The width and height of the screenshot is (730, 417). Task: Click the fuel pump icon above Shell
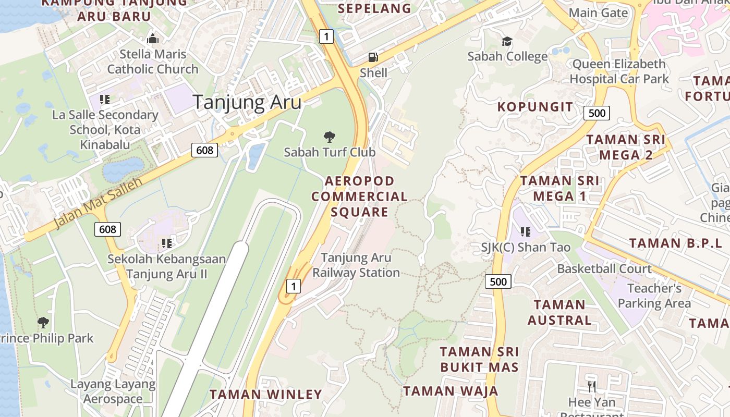[x=373, y=57]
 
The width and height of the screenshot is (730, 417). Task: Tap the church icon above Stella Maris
[x=152, y=39]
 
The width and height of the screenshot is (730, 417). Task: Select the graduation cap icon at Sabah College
[x=507, y=41]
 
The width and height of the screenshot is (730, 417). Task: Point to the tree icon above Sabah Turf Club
[x=329, y=137]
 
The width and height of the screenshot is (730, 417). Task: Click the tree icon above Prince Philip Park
[x=43, y=323]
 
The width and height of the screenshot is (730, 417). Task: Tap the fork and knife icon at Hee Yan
[x=592, y=387]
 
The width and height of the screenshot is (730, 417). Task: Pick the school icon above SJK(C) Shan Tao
[x=525, y=231]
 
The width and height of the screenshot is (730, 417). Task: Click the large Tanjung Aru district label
[x=247, y=102]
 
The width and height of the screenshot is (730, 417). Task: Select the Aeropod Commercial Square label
[x=359, y=197]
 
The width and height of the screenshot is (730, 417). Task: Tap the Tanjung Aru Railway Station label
[x=356, y=265]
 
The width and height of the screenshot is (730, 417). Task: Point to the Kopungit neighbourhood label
[x=535, y=107]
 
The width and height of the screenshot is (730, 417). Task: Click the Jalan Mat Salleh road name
[x=99, y=203]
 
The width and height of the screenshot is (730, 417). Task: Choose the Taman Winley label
[x=266, y=395]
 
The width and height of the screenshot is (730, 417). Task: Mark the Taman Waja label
[x=451, y=391]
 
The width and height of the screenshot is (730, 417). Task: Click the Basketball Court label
[x=604, y=269]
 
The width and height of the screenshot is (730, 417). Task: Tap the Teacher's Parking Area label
[x=654, y=296]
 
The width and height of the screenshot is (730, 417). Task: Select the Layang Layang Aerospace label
[x=113, y=392]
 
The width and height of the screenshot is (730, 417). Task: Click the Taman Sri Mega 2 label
[x=626, y=147]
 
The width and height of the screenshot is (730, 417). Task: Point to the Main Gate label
[x=598, y=13]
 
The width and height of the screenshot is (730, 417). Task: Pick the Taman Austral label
[x=559, y=312]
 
